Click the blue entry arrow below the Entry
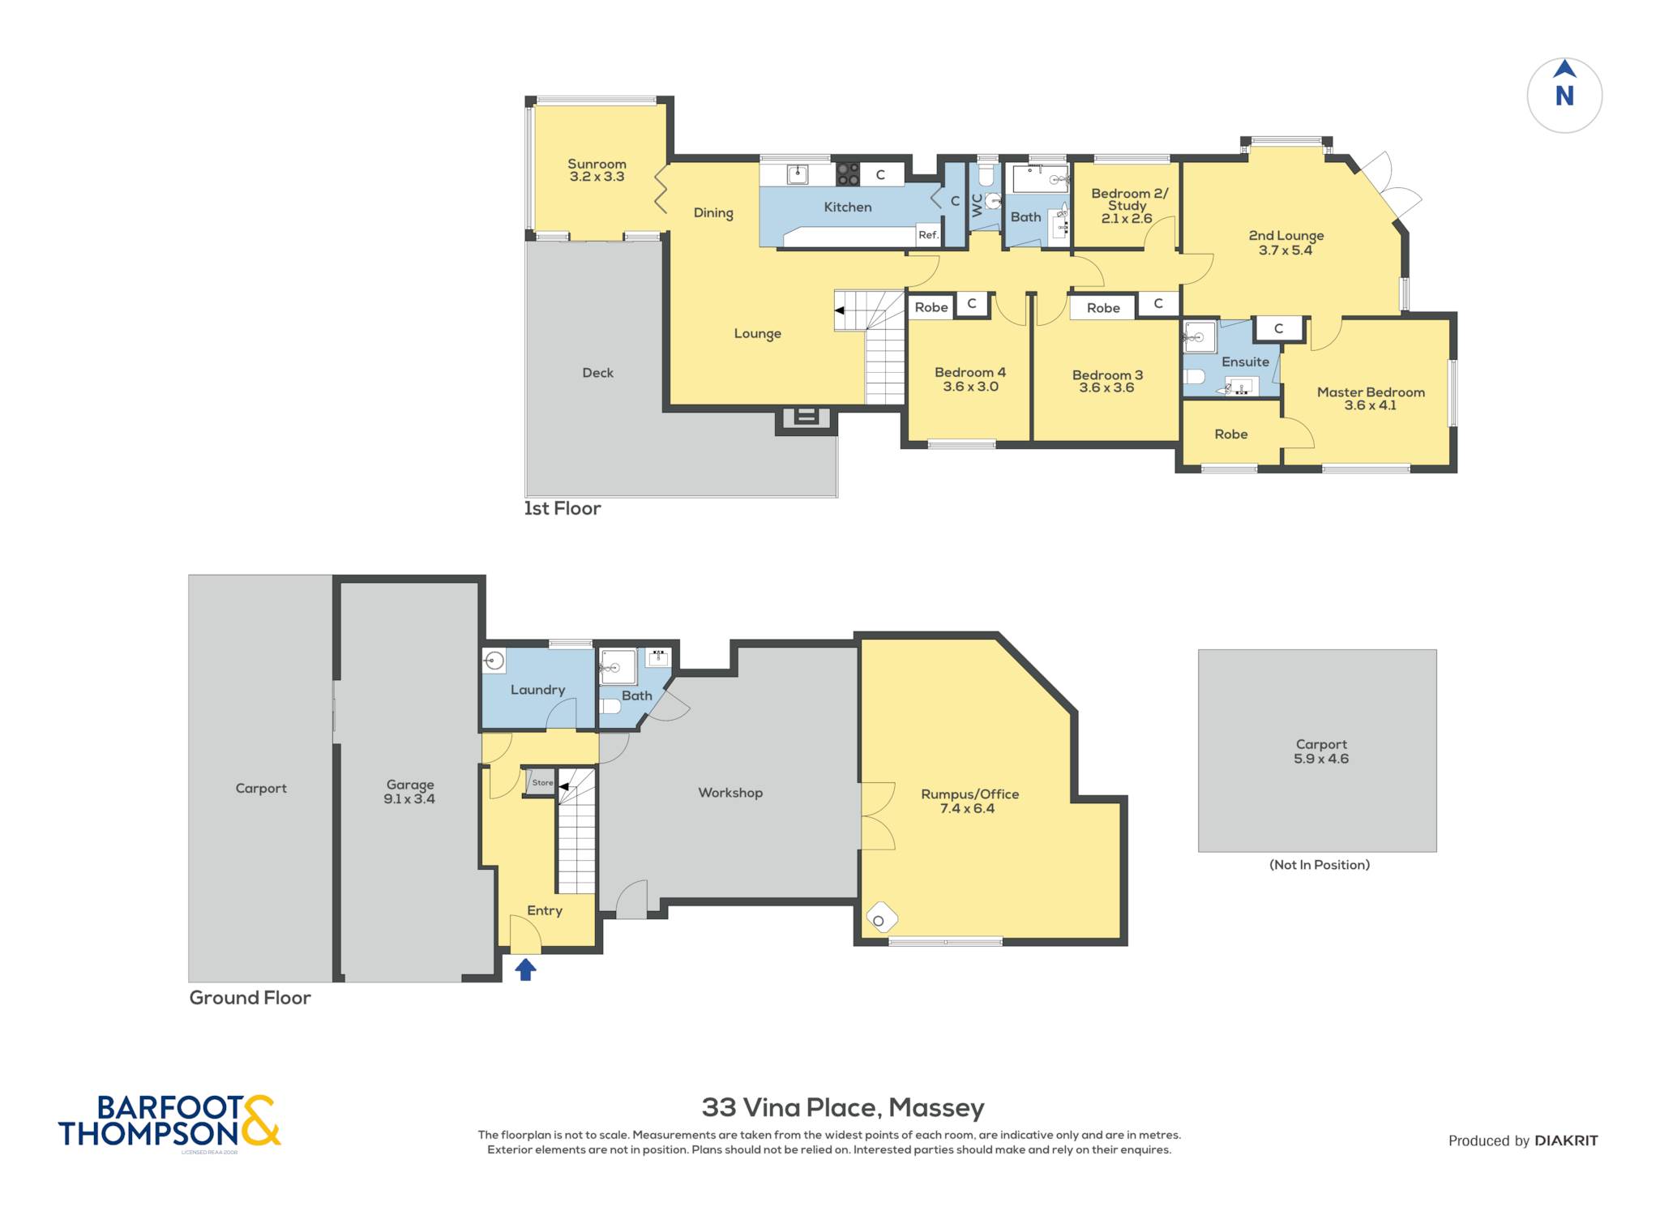pos(525,969)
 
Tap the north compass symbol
pos(1564,95)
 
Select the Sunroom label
pos(597,164)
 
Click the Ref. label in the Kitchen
pos(928,235)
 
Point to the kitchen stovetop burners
pos(848,173)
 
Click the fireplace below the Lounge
pos(806,417)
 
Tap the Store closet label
pos(542,782)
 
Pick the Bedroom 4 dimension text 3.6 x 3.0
pos(970,387)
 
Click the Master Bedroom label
pos(1371,392)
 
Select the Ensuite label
pos(1245,362)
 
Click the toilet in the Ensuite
pos(1193,377)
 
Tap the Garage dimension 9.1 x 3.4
pos(409,798)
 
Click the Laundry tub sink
pos(494,661)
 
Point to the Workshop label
pos(730,793)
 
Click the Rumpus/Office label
pos(969,794)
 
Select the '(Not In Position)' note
pos(1320,865)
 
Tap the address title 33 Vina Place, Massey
pos(843,1107)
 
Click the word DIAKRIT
pos(1566,1140)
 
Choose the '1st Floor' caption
pos(563,508)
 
